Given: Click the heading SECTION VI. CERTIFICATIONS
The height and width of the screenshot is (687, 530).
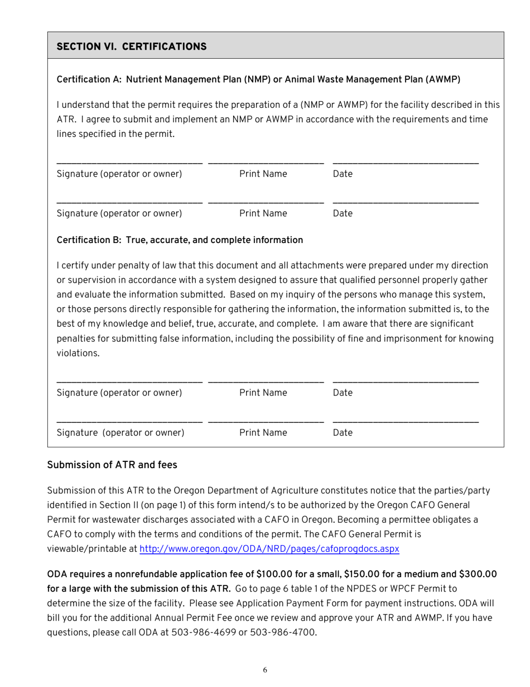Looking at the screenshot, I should click(x=132, y=46).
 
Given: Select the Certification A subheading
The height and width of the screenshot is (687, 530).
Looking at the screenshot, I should click(x=258, y=79).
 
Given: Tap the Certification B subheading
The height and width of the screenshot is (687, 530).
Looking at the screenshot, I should click(x=180, y=240).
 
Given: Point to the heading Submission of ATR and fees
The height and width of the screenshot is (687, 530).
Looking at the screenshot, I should click(x=112, y=465).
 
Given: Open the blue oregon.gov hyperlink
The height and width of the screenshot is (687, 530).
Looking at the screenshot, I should click(x=269, y=548).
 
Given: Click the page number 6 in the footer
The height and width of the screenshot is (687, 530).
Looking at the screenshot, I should click(x=265, y=670).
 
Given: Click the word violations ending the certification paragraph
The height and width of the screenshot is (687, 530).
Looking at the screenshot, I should click(x=78, y=353).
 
